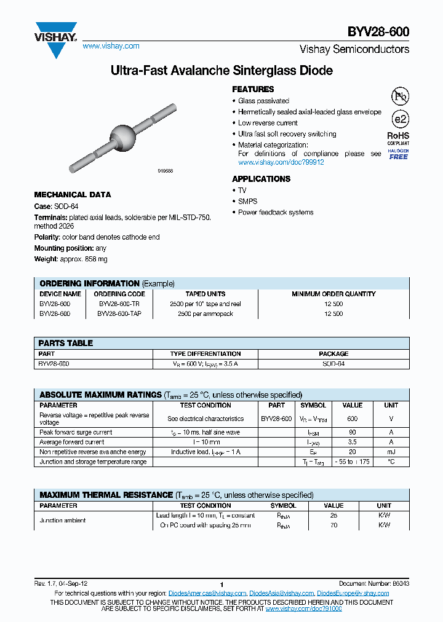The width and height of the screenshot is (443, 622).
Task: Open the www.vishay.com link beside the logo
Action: point(111,46)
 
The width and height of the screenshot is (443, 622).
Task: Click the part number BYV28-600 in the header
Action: point(381,31)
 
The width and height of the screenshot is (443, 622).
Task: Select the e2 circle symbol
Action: point(400,120)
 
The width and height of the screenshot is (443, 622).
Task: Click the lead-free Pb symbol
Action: point(400,96)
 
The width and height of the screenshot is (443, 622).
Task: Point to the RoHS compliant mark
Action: point(398,138)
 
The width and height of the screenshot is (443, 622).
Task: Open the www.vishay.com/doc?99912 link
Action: point(281,162)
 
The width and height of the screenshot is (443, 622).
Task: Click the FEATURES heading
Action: point(253,89)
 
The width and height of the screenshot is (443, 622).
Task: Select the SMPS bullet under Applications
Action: point(248,201)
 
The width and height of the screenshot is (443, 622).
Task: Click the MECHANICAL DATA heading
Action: point(73,194)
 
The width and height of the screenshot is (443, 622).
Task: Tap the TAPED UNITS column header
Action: point(206,294)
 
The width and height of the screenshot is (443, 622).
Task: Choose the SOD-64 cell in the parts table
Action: point(333,364)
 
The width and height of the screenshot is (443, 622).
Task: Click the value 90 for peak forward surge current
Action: point(353,432)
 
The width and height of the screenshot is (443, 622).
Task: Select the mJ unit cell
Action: point(391,452)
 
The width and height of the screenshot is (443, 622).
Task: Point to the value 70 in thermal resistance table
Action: point(334,526)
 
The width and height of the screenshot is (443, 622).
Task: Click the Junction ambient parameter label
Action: point(63,521)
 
